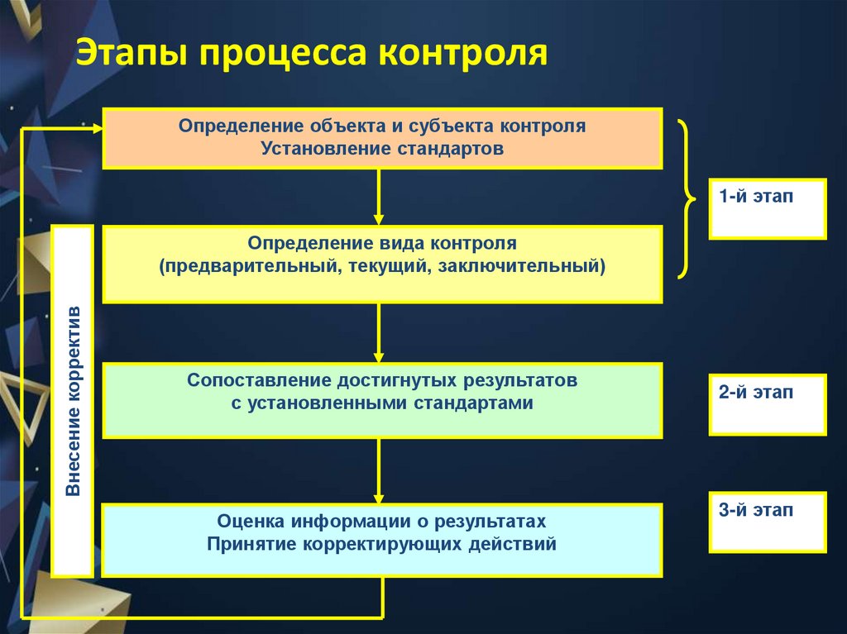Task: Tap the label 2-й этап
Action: [755, 393]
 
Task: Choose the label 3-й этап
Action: [755, 510]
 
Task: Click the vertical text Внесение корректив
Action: [73, 401]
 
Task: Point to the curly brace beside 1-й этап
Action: [687, 198]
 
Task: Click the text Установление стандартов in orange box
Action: [382, 149]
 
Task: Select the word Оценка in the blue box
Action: [251, 522]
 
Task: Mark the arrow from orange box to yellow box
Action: [379, 197]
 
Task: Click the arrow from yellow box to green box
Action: [379, 332]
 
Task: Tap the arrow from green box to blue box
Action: [379, 471]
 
